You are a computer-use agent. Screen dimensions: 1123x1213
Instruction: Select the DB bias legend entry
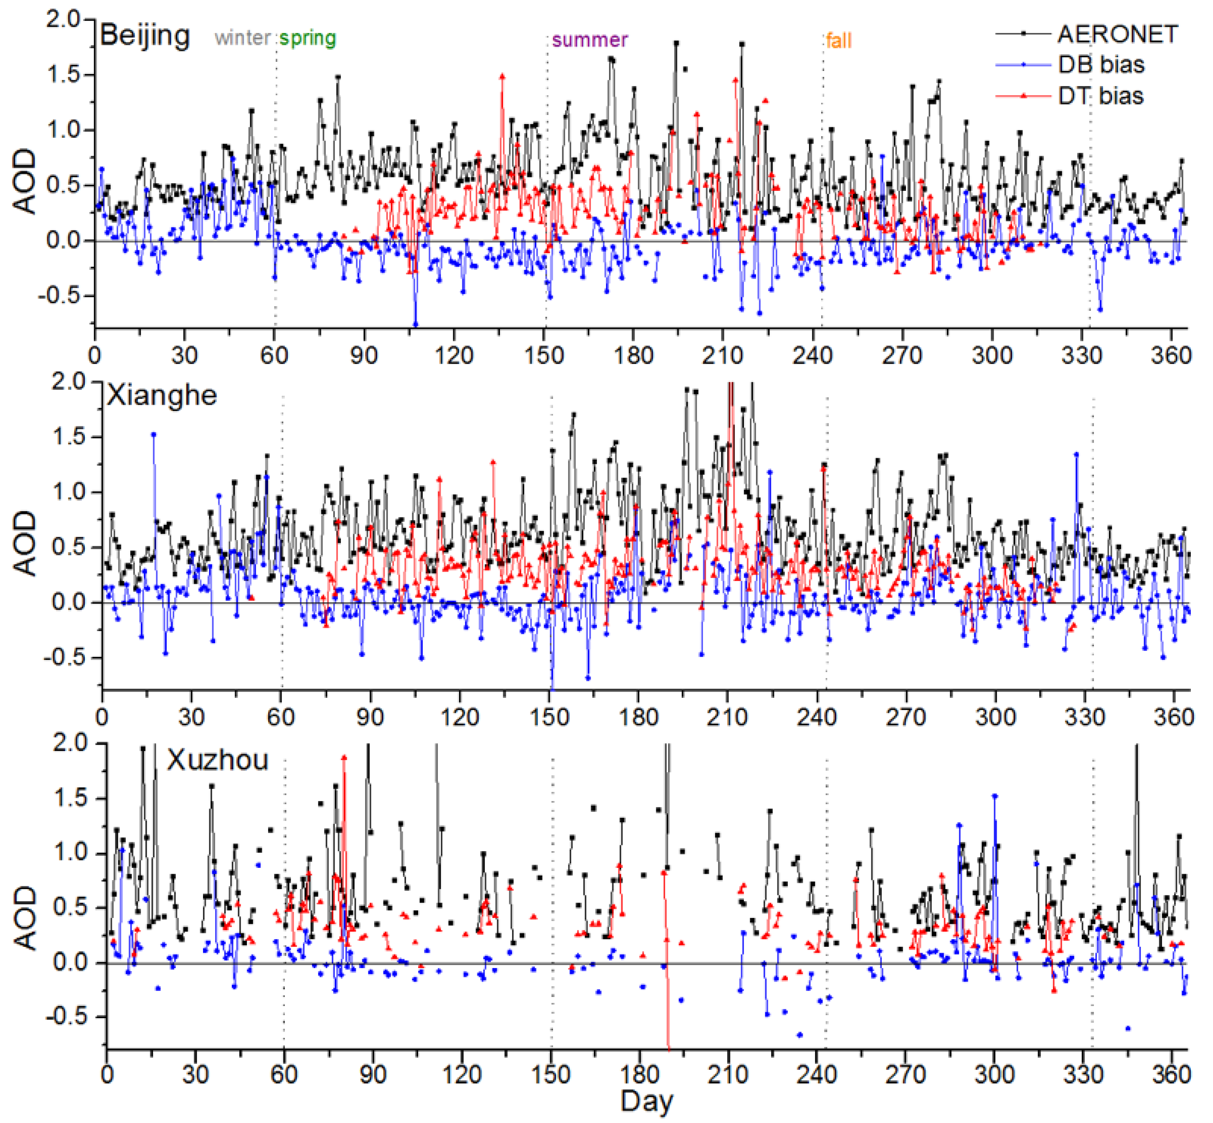[x=1101, y=64]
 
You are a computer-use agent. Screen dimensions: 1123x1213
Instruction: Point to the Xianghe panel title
[x=162, y=395]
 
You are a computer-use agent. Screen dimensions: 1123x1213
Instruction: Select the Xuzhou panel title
[x=218, y=760]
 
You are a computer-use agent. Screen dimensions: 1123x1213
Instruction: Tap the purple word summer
[x=589, y=40]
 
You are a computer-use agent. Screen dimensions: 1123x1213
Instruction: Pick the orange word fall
[x=839, y=41]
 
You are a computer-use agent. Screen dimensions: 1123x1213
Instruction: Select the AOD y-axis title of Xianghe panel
[x=25, y=542]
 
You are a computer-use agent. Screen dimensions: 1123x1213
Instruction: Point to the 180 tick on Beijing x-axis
[x=633, y=355]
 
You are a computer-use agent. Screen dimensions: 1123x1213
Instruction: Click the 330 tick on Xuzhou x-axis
[x=1084, y=1075]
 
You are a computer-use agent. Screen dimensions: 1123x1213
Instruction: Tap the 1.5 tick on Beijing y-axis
[x=65, y=75]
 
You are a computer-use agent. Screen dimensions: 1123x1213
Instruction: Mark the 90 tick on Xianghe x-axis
[x=370, y=717]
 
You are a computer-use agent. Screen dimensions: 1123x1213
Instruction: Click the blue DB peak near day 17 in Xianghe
[x=154, y=434]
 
